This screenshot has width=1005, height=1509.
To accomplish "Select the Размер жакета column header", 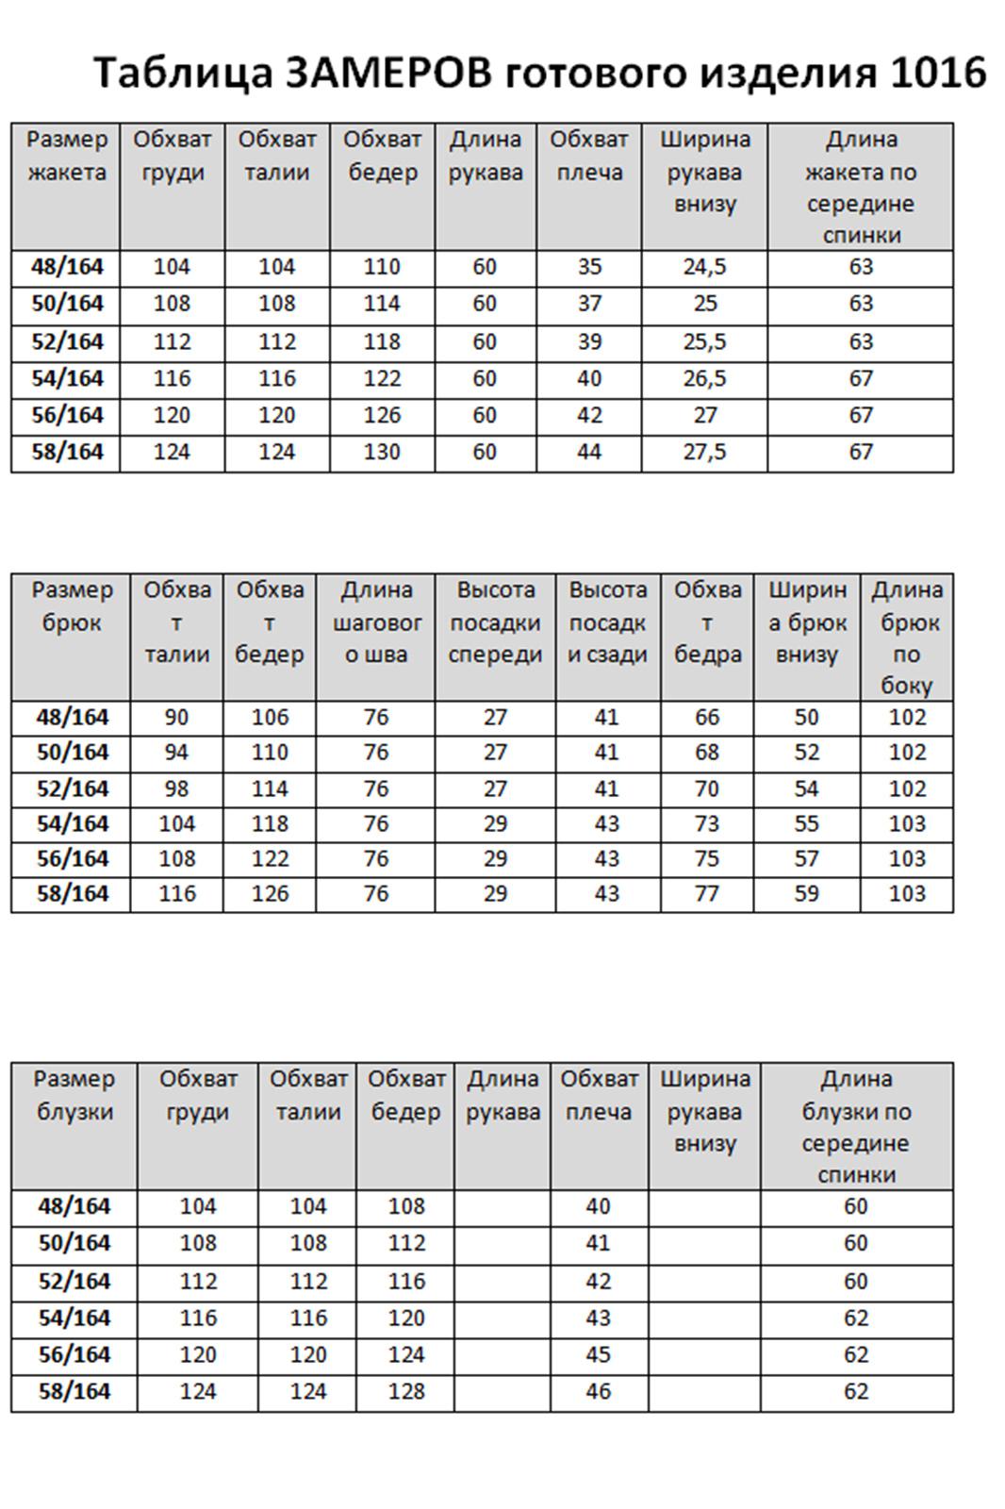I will (x=67, y=156).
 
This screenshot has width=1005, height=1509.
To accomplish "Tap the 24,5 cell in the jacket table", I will (x=704, y=267).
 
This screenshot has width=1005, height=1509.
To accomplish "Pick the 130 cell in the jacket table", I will (x=382, y=452).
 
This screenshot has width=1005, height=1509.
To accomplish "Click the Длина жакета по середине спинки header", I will (x=860, y=187).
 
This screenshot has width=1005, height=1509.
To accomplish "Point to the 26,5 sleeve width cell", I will (x=704, y=378).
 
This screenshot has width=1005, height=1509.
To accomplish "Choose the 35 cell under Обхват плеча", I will (x=589, y=267).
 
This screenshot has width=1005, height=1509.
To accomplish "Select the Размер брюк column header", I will (x=72, y=606).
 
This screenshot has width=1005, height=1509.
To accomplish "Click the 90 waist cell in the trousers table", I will (x=176, y=718).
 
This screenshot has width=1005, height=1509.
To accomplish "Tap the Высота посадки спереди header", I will (x=495, y=622).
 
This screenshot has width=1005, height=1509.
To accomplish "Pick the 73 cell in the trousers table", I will (x=706, y=823).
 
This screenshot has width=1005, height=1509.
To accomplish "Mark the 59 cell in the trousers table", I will (x=806, y=893).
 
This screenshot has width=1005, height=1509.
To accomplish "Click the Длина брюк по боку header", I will (x=906, y=638).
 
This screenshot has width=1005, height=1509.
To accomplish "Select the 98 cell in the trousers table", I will (x=176, y=788).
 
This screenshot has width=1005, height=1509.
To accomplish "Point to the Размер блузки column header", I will (x=74, y=1095).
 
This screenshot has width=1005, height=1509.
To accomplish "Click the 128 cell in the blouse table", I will (x=405, y=1391).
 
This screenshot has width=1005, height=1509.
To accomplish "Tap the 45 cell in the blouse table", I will (x=598, y=1354).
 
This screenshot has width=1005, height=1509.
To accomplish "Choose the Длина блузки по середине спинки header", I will (x=855, y=1126).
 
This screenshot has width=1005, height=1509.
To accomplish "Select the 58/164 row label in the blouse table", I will (x=74, y=1391).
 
